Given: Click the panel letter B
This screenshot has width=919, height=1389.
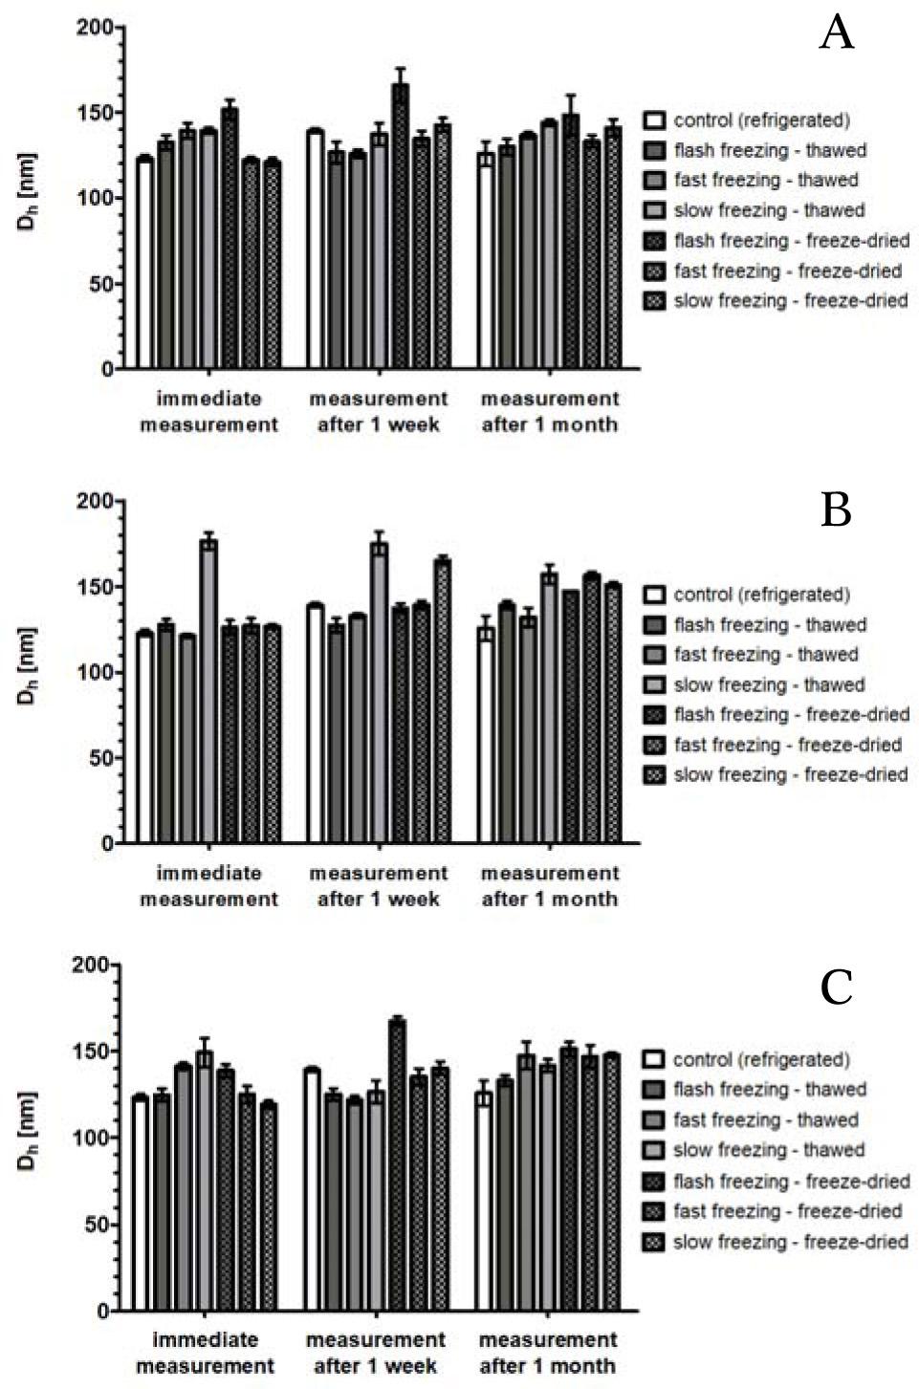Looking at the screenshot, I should pos(836,510).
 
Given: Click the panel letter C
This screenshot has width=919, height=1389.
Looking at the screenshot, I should pos(836,987).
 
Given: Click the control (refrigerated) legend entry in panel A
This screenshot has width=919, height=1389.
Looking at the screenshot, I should pos(761,120).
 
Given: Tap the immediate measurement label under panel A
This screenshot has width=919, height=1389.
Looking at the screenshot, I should pos(208,411).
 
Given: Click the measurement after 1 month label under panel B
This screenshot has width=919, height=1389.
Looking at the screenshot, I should pos(549,885).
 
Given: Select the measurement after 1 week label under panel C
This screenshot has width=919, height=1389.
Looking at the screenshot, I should pos(376,1352).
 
